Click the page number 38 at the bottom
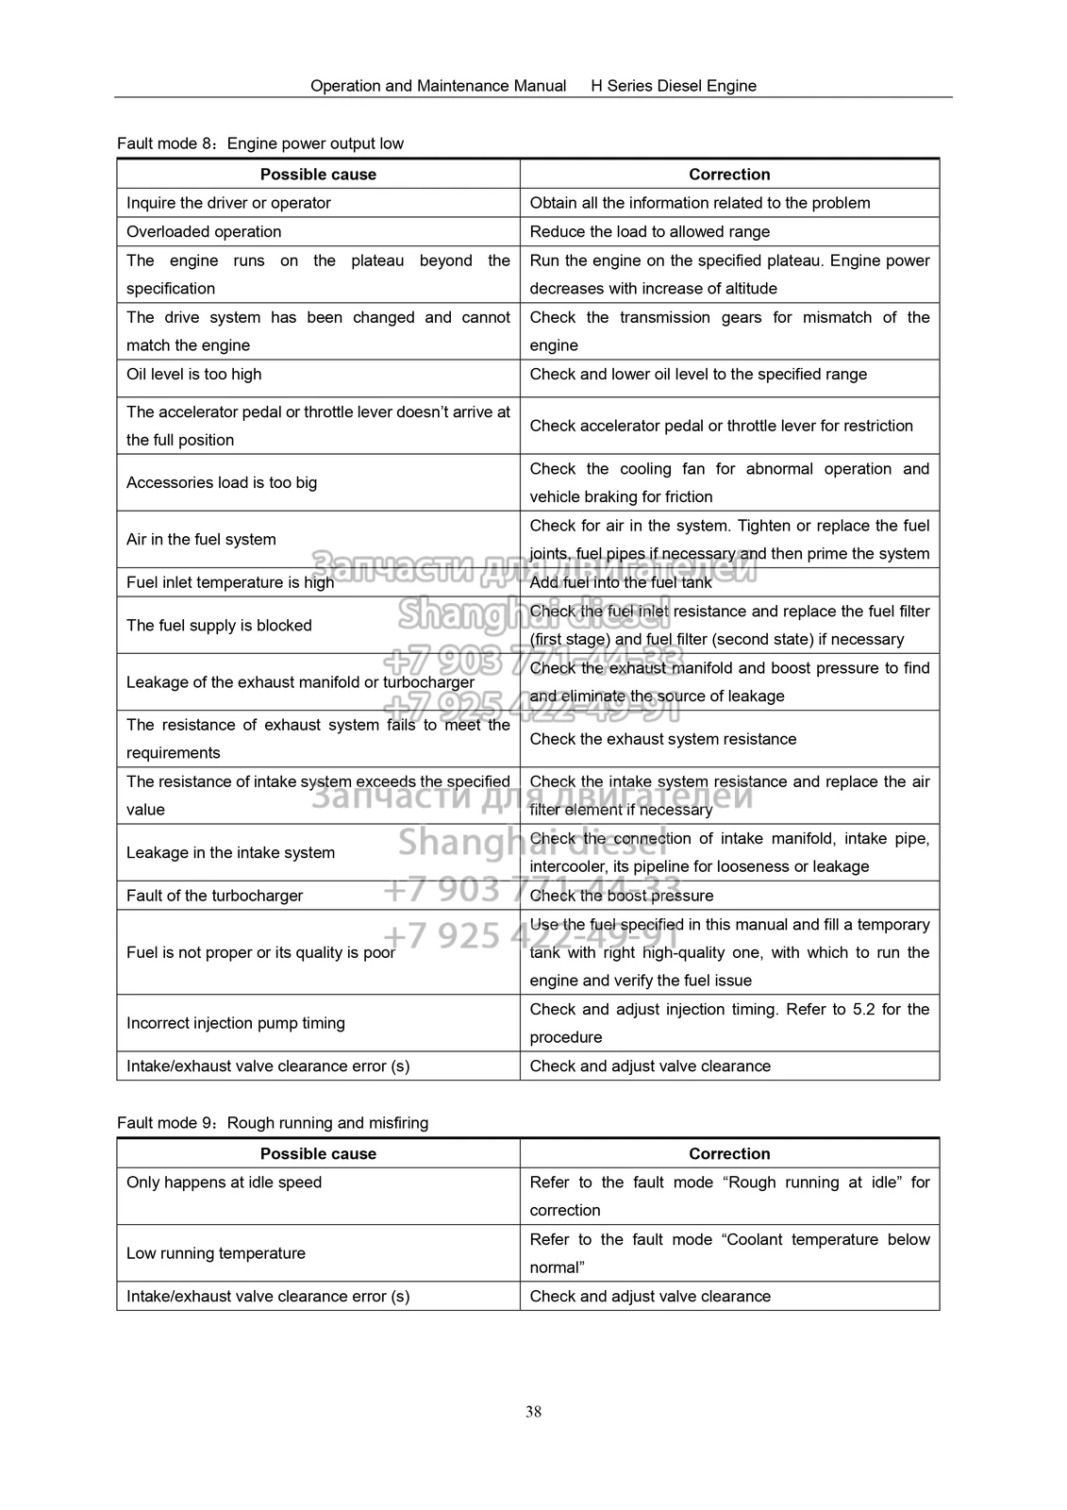[x=533, y=1412]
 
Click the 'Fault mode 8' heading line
[x=260, y=143]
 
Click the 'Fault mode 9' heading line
[x=273, y=1123]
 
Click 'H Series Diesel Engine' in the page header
[x=674, y=86]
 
